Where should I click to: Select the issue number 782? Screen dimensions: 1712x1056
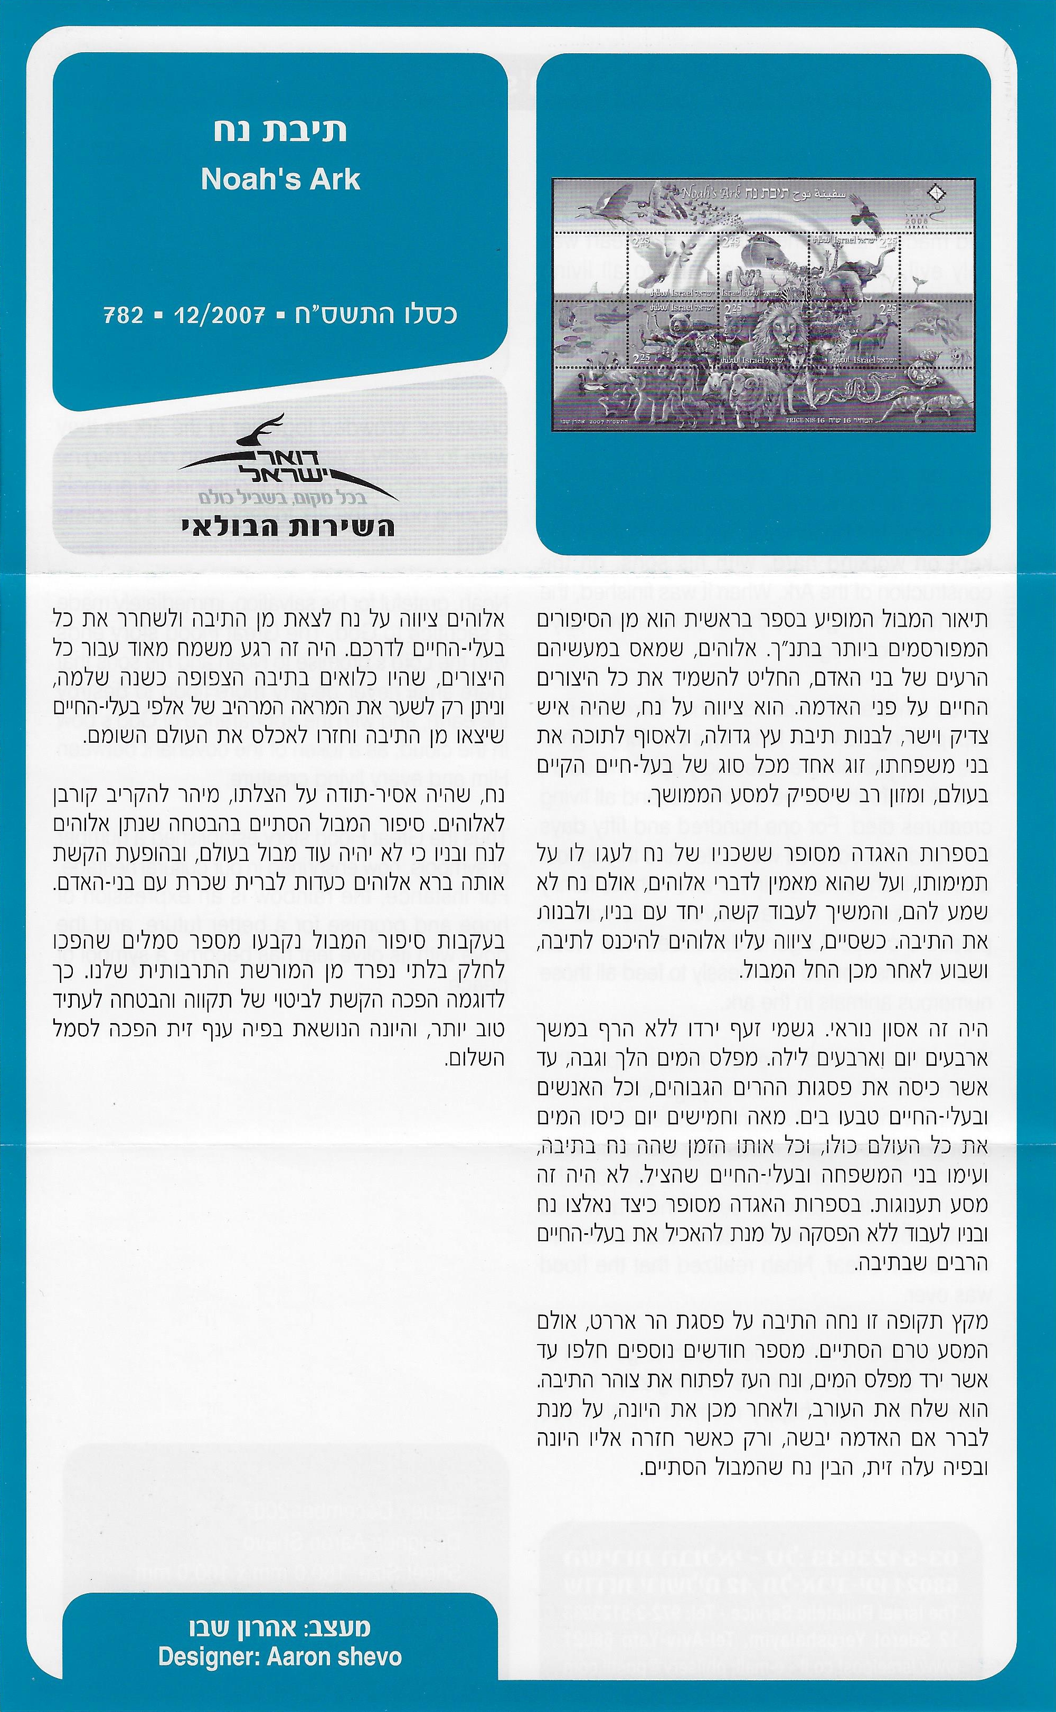click(x=124, y=316)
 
